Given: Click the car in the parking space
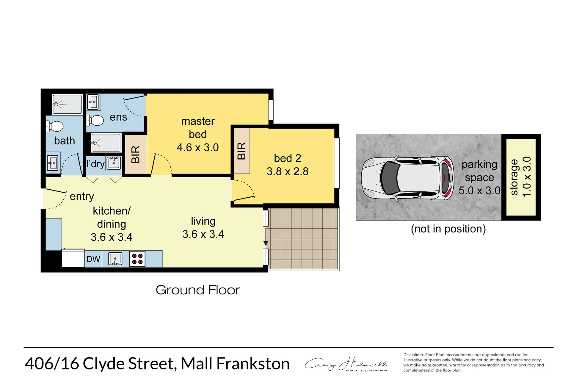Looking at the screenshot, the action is [408, 178].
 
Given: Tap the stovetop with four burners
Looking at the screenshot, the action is [137, 259].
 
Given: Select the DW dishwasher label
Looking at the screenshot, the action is [93, 259].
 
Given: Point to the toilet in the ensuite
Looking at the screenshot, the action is [95, 121].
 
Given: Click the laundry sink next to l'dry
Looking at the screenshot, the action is [114, 163].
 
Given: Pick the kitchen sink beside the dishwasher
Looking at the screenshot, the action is [115, 259].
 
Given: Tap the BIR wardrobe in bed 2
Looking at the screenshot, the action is [242, 151].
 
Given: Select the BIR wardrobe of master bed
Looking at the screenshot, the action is [136, 154].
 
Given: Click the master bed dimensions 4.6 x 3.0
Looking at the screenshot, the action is [198, 147].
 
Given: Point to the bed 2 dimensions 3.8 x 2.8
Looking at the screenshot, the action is [288, 171].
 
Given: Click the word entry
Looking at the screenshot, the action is [82, 196].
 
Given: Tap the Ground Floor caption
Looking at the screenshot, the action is [198, 290].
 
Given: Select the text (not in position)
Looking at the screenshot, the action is [448, 229].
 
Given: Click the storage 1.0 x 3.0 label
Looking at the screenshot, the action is [520, 177].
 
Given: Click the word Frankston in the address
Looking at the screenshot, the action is [253, 363].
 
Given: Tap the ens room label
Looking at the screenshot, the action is [118, 117].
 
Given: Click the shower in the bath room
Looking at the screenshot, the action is [67, 104].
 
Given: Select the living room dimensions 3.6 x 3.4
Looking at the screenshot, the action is [203, 234].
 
